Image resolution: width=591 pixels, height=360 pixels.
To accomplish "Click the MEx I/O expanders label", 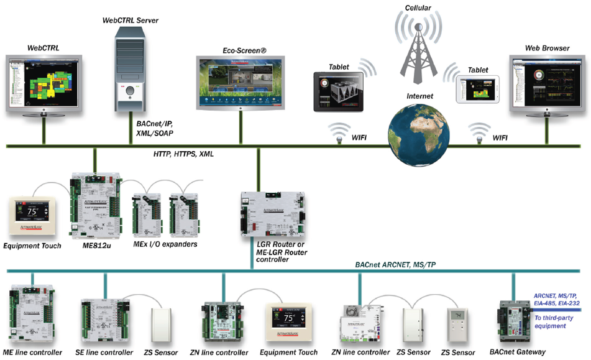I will (165, 244).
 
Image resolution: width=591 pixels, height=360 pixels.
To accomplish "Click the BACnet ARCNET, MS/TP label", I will (393, 265).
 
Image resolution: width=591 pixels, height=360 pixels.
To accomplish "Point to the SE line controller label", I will (104, 353).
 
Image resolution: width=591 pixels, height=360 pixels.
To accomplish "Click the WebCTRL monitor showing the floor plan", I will (44, 82).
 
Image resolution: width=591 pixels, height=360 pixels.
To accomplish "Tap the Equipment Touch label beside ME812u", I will (32, 246).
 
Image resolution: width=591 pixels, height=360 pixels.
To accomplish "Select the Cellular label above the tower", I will (416, 8).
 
